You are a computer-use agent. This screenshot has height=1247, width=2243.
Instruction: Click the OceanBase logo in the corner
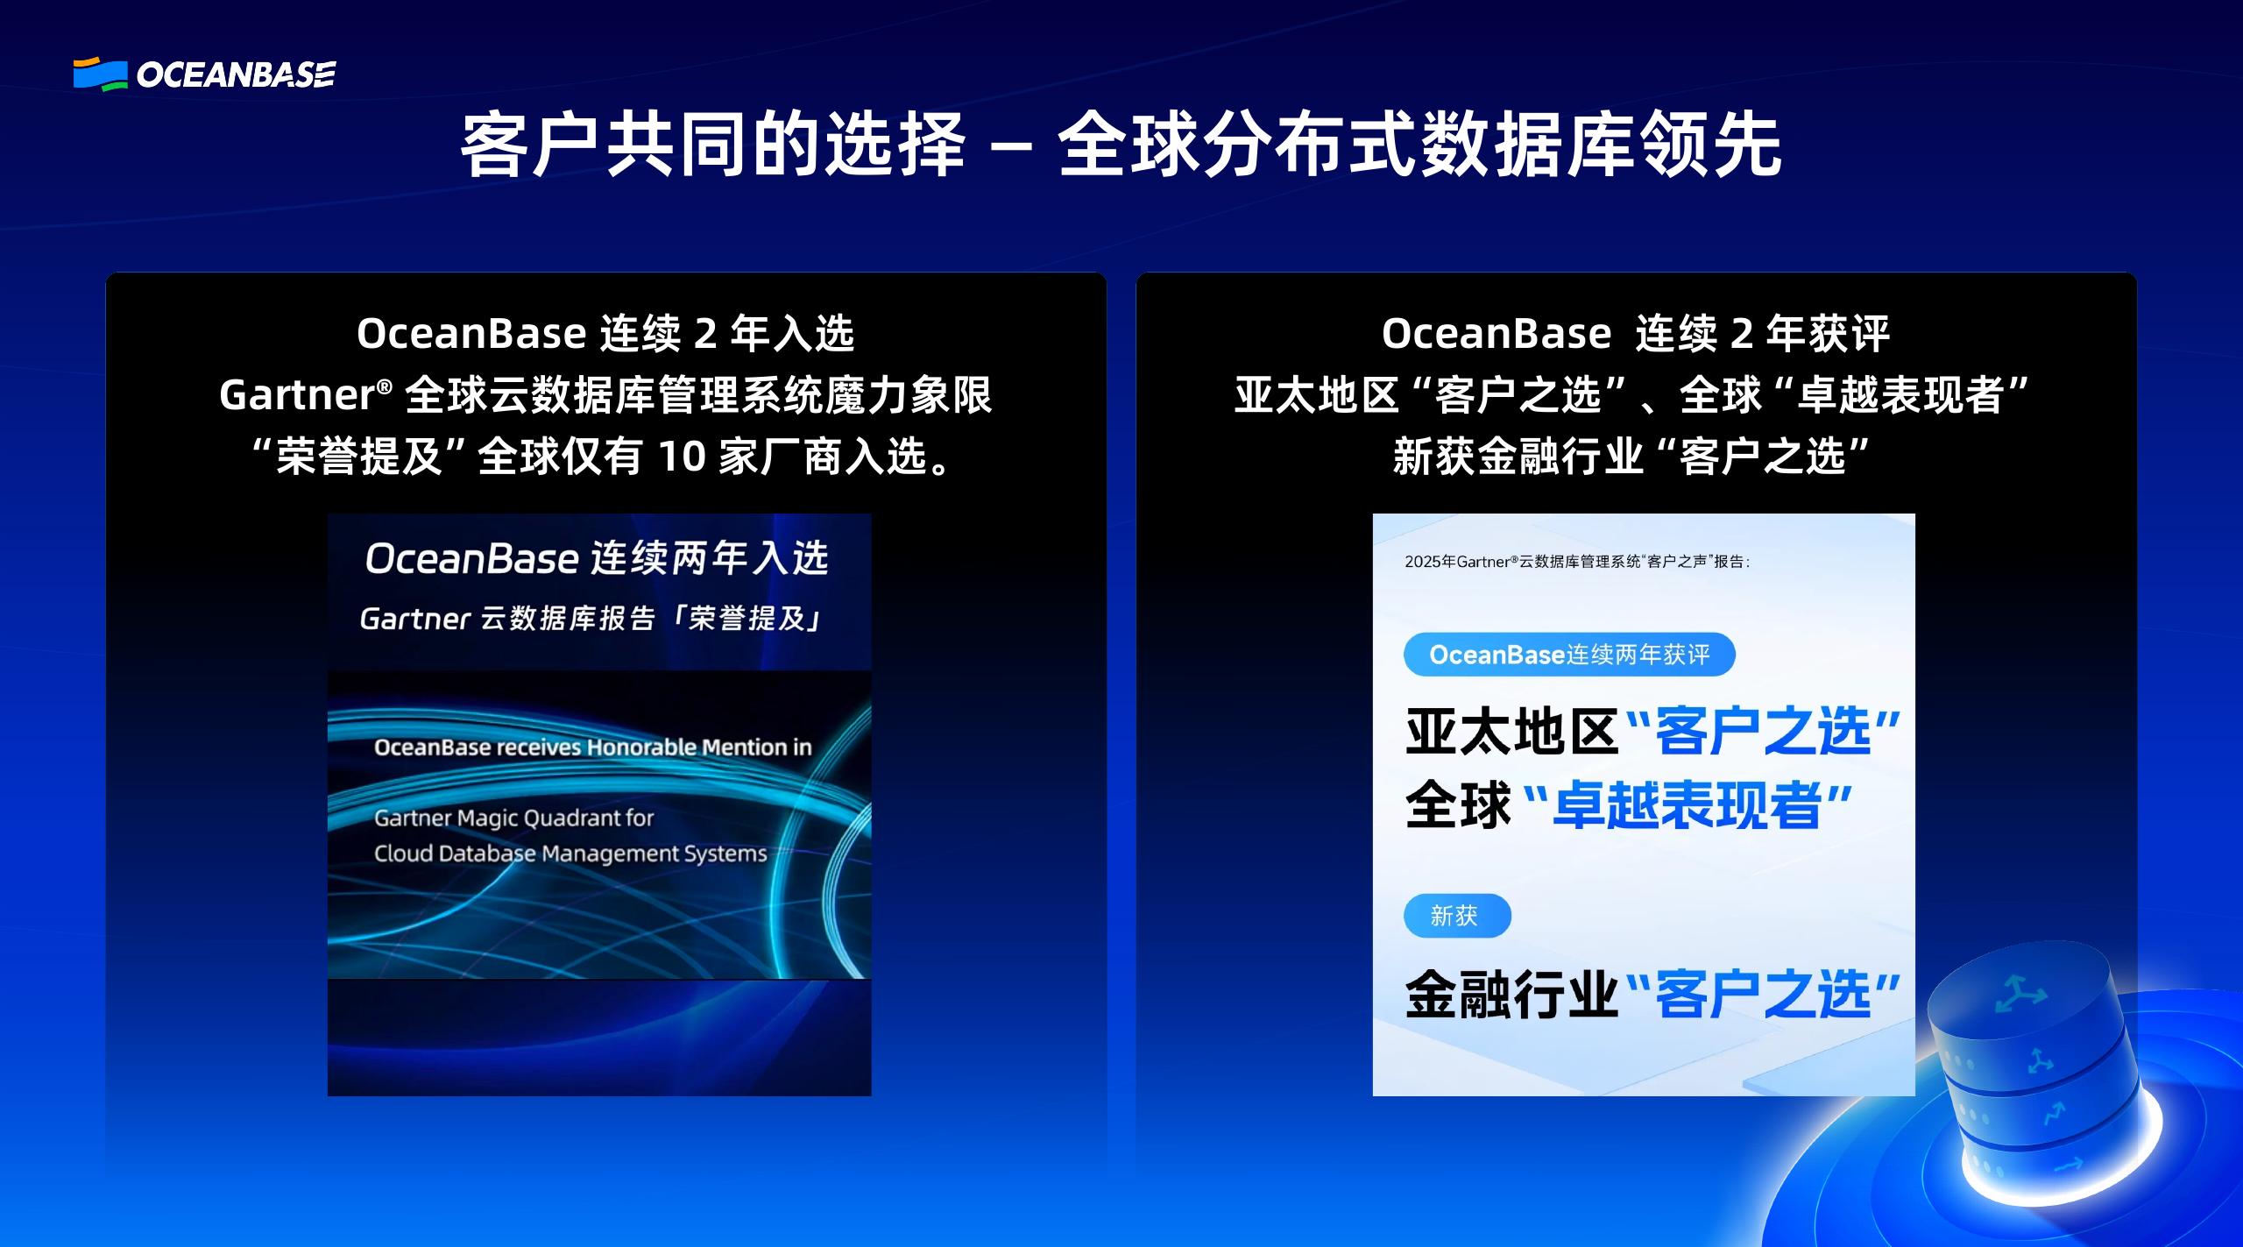pyautogui.click(x=204, y=74)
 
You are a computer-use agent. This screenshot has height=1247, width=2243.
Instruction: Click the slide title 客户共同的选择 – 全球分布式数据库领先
pyautogui.click(x=1121, y=145)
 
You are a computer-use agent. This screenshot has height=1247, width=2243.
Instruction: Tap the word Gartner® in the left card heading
pyautogui.click(x=306, y=395)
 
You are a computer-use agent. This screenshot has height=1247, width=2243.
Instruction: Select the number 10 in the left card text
pyautogui.click(x=681, y=456)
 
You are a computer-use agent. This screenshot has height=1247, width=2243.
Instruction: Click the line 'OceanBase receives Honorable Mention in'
pyautogui.click(x=592, y=747)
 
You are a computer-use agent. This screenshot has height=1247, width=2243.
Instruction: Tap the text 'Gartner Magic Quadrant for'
pyautogui.click(x=513, y=818)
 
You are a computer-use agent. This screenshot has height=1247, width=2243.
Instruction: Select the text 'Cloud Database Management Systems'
pyautogui.click(x=570, y=854)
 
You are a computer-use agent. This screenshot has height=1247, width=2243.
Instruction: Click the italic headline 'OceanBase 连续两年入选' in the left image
pyautogui.click(x=597, y=559)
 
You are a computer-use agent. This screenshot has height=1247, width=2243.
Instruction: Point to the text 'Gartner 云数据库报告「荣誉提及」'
pyautogui.click(x=592, y=619)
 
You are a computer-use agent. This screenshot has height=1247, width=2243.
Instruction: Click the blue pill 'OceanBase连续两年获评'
pyautogui.click(x=1569, y=655)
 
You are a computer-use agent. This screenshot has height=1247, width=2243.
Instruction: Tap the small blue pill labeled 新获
pyautogui.click(x=1457, y=916)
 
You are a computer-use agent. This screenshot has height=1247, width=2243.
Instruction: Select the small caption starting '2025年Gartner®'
pyautogui.click(x=1577, y=562)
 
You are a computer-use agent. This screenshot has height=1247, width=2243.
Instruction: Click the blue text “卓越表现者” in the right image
pyautogui.click(x=1689, y=806)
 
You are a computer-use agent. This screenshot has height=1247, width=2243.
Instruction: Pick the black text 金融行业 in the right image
pyautogui.click(x=1511, y=995)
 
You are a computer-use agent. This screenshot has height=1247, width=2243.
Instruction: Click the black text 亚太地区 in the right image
pyautogui.click(x=1511, y=732)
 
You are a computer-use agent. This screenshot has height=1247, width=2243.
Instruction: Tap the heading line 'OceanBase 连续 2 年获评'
pyautogui.click(x=1636, y=334)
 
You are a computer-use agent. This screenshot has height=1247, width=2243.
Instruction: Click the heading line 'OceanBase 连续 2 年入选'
pyautogui.click(x=605, y=334)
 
